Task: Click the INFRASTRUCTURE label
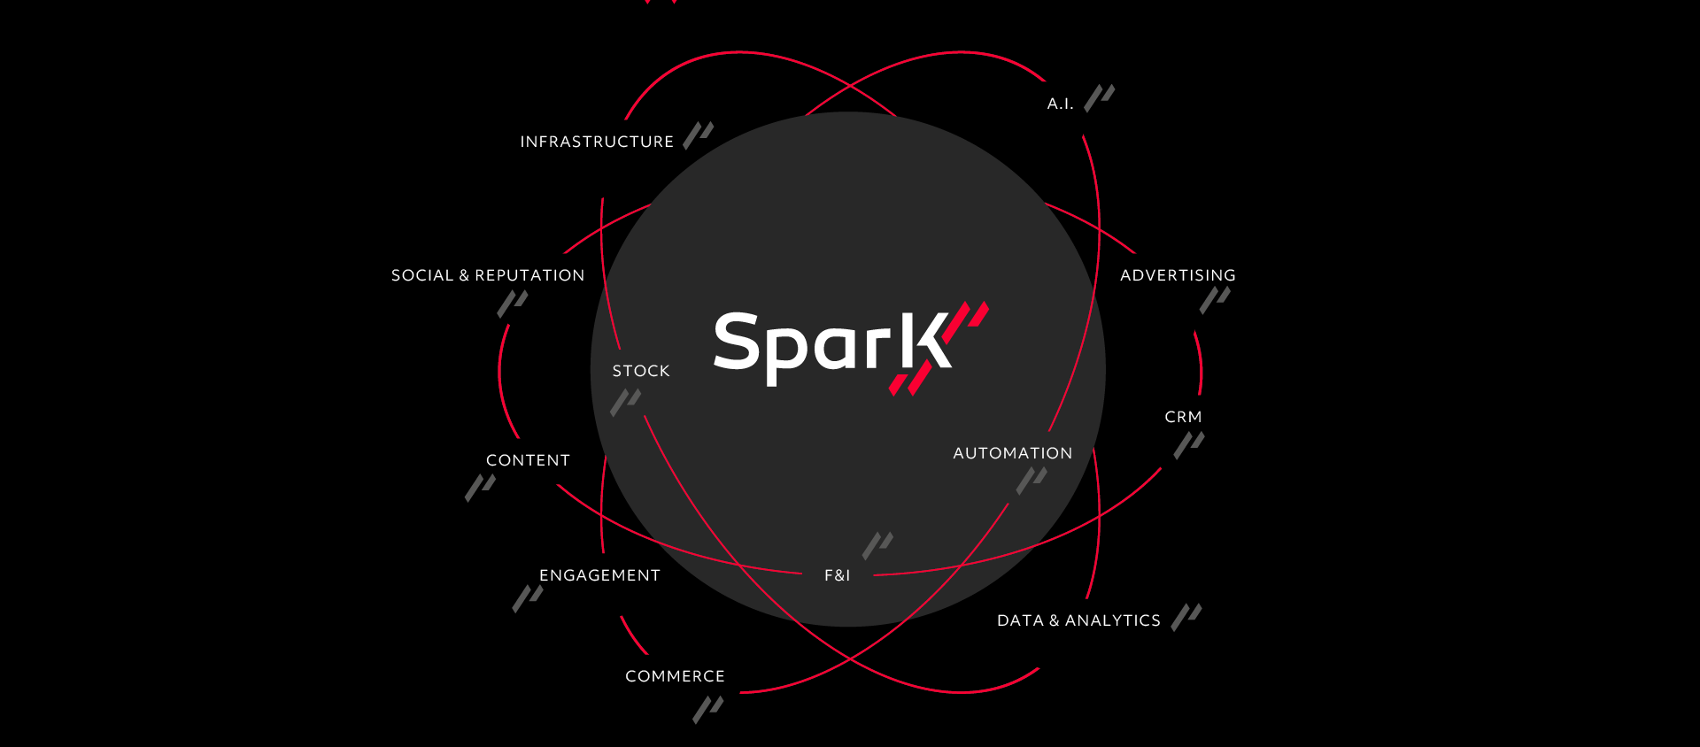(x=597, y=142)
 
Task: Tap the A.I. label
(x=1060, y=104)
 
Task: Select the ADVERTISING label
(x=1178, y=275)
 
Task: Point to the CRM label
(x=1183, y=417)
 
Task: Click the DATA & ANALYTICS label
(x=1078, y=620)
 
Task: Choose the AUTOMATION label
(x=1013, y=453)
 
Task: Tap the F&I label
(x=837, y=575)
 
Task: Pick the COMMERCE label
(x=675, y=676)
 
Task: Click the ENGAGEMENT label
(x=599, y=575)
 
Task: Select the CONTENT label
(x=528, y=460)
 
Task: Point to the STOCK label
(x=641, y=371)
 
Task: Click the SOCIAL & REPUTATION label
(x=488, y=275)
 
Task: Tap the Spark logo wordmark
(x=832, y=347)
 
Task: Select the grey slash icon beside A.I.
(x=1100, y=97)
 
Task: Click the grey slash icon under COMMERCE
(x=708, y=710)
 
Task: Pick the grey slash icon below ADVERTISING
(x=1215, y=300)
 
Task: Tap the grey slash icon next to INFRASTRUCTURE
(x=699, y=135)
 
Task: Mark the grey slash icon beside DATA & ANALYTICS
(x=1186, y=617)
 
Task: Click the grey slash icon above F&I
(x=878, y=545)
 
